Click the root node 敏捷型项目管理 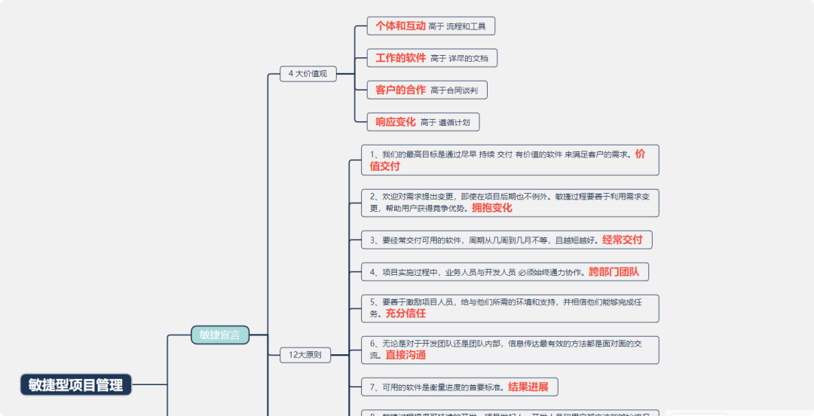pyautogui.click(x=76, y=384)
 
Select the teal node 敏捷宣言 pyautogui.click(x=219, y=335)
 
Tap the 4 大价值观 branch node pyautogui.click(x=308, y=74)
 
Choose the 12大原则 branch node pyautogui.click(x=305, y=354)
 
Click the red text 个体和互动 pyautogui.click(x=400, y=26)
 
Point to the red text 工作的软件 pyautogui.click(x=400, y=58)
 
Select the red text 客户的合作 pyautogui.click(x=400, y=90)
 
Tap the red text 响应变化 pyautogui.click(x=396, y=121)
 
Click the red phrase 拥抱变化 pyautogui.click(x=491, y=208)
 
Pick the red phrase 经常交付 pyautogui.click(x=622, y=240)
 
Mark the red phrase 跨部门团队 pyautogui.click(x=614, y=271)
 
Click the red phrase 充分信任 pyautogui.click(x=405, y=314)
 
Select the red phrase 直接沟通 pyautogui.click(x=405, y=355)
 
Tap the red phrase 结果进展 pyautogui.click(x=528, y=387)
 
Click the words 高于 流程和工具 pyautogui.click(x=457, y=26)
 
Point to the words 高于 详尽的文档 pyautogui.click(x=459, y=58)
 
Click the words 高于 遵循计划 pyautogui.click(x=445, y=122)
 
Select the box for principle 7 pyautogui.click(x=459, y=387)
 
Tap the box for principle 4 pyautogui.click(x=505, y=271)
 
